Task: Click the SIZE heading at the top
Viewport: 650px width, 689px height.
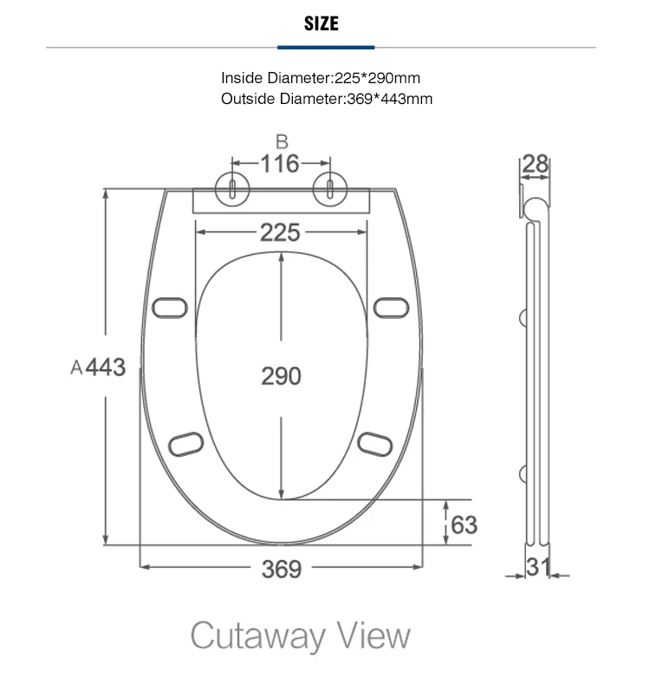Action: click(322, 23)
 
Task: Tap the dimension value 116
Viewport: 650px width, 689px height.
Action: click(280, 164)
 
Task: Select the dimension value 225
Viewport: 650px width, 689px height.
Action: click(280, 232)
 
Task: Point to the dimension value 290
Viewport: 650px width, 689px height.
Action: click(282, 376)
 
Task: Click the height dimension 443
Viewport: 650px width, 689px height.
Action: click(106, 367)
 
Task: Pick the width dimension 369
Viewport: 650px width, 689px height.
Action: click(282, 569)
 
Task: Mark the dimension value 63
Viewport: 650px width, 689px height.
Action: click(464, 524)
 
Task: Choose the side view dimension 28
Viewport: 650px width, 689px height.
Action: click(536, 164)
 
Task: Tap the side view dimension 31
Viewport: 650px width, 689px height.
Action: click(538, 567)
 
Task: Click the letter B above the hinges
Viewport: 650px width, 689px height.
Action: click(283, 142)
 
